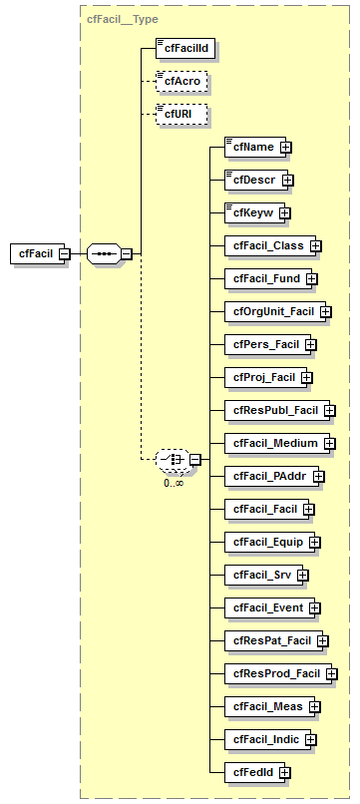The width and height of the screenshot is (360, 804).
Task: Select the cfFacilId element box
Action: [185, 46]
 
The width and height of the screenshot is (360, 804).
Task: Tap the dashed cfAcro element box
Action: [180, 81]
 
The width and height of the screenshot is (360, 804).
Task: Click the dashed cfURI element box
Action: [180, 115]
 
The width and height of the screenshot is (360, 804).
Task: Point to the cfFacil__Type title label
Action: [123, 19]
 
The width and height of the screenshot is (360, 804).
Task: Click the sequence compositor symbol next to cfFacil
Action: [104, 253]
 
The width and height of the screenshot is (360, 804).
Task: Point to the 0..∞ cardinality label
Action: [174, 483]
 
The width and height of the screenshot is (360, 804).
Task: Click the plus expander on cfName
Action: [286, 148]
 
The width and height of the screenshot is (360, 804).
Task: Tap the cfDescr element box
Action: [252, 181]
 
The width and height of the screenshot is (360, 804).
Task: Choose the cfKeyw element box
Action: [250, 212]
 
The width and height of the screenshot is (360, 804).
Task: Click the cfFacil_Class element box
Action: [264, 245]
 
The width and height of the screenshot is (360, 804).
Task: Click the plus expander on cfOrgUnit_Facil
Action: [326, 312]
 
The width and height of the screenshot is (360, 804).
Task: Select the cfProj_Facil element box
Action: [261, 377]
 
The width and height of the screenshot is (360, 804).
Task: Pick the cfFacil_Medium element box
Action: [270, 443]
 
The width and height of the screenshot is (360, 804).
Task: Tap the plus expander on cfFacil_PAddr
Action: [319, 476]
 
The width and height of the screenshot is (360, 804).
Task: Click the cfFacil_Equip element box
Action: [265, 542]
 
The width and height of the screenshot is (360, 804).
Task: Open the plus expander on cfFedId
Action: [284, 772]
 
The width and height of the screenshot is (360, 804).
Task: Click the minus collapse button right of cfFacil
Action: [64, 253]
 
